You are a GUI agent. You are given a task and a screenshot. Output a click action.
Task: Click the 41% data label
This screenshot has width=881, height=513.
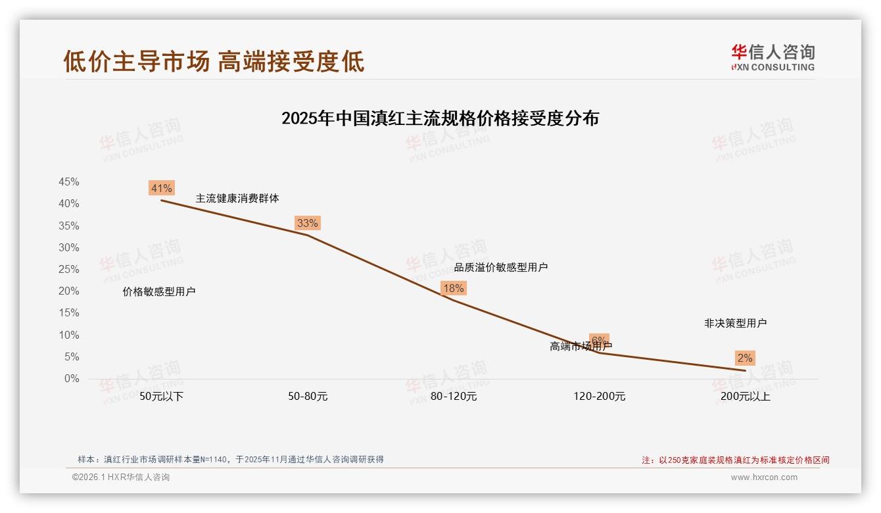(161, 189)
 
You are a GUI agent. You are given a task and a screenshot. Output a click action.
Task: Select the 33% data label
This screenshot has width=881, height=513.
(307, 223)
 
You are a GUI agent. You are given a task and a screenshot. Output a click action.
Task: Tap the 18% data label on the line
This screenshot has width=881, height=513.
(453, 288)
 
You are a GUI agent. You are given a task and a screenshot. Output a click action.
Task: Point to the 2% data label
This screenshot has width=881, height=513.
(745, 358)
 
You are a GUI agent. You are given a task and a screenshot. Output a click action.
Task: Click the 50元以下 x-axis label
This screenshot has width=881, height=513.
(161, 397)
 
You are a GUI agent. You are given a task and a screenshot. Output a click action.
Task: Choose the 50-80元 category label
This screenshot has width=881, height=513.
(308, 397)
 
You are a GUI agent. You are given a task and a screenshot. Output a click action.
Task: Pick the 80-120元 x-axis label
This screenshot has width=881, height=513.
(454, 397)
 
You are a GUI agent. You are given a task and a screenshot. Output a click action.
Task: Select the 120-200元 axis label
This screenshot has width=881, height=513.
(599, 397)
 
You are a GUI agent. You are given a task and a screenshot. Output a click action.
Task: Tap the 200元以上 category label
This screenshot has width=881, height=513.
(745, 397)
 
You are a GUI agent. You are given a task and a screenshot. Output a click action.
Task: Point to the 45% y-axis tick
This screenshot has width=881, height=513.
(69, 182)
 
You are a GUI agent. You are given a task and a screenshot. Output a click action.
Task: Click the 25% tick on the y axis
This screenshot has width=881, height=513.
(69, 270)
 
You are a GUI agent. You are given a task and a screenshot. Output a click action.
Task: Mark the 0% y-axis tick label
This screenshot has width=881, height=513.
(72, 379)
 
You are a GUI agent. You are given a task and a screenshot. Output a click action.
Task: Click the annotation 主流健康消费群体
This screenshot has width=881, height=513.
(237, 198)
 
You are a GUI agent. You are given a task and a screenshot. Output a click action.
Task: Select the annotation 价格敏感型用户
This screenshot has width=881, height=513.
(159, 292)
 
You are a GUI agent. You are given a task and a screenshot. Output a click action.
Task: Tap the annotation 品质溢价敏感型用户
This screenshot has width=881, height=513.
(501, 268)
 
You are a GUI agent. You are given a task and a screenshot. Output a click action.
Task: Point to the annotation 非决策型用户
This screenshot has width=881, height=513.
(735, 324)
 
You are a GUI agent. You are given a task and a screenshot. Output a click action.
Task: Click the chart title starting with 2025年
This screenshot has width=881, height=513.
(440, 118)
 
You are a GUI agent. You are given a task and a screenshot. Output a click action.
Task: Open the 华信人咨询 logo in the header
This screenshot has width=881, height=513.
(773, 57)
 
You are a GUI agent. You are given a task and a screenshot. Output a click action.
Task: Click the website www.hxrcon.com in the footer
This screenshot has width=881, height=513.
(764, 477)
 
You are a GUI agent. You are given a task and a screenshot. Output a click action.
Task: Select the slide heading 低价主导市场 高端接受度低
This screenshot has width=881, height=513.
(214, 61)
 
